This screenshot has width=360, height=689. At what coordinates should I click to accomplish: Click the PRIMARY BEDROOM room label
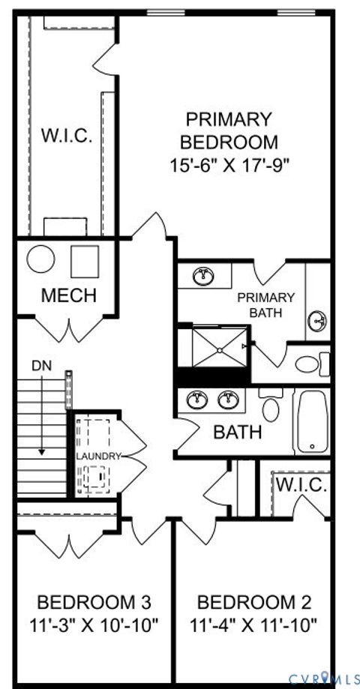pos(228,130)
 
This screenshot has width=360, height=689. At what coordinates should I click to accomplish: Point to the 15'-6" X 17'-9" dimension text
pos(229,164)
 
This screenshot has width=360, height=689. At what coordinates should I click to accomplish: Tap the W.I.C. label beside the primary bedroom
pos(66,136)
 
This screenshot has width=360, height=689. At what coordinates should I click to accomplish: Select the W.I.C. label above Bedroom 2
pos(301,484)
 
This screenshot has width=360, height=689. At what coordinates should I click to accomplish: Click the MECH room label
pos(68,295)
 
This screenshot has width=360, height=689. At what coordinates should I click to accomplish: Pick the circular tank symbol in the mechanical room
pos(41,260)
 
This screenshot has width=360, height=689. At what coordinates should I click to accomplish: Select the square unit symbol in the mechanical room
pos(84,261)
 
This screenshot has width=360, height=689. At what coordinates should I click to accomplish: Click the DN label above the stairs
pos(41,366)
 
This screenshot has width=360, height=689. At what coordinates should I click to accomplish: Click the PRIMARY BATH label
pos(266,304)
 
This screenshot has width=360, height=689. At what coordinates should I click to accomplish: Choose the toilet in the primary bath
pos(310,364)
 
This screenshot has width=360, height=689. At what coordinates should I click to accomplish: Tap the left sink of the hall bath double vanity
pos(199,400)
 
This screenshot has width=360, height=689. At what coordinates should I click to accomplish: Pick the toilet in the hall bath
pos(271,406)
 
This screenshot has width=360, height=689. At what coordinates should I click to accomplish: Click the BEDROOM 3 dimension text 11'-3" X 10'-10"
pos(94,625)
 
